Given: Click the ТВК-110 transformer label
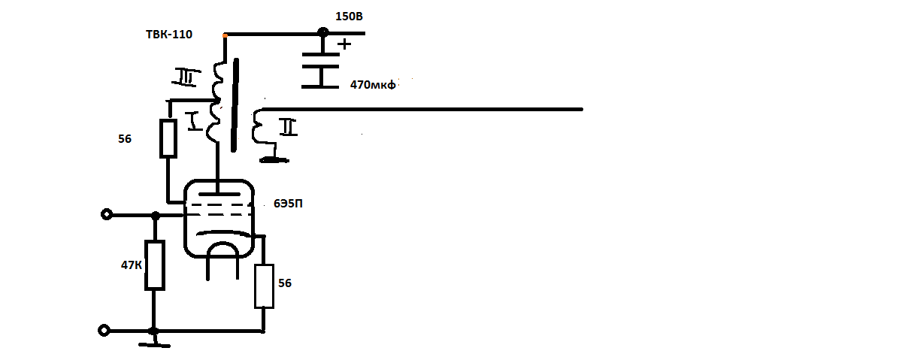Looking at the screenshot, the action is click(x=169, y=34).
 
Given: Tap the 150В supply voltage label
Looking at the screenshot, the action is click(x=349, y=17).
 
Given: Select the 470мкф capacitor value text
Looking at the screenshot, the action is click(x=373, y=85).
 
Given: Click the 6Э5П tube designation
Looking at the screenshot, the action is click(x=288, y=204).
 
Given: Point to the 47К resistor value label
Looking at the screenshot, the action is click(x=132, y=265).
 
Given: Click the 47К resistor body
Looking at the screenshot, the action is click(x=155, y=265).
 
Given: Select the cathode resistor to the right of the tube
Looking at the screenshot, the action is click(x=264, y=286).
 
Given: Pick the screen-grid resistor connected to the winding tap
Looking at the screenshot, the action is click(x=168, y=138).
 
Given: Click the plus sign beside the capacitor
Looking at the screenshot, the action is click(x=344, y=44).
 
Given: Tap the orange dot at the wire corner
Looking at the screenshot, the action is click(x=225, y=36).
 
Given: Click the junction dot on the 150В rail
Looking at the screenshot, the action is click(x=323, y=32).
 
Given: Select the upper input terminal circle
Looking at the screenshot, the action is click(x=107, y=214).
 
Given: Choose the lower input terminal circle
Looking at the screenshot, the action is click(x=104, y=330).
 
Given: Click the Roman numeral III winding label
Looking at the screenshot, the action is click(x=186, y=77).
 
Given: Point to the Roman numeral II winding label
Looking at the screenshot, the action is click(x=288, y=127).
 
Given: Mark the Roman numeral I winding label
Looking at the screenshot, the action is click(x=194, y=121).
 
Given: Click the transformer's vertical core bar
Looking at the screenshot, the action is click(x=235, y=105).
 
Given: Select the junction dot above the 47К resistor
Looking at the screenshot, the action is click(x=156, y=216).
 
